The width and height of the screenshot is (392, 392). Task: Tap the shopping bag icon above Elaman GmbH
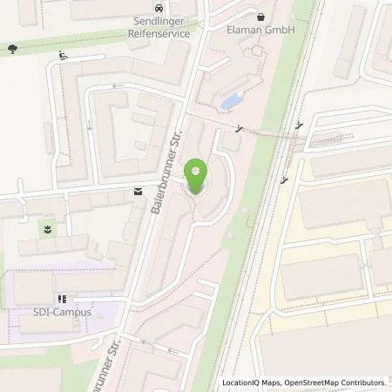[x=260, y=15]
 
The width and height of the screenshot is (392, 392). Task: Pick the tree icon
[x=11, y=50]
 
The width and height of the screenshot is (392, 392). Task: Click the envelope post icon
[x=138, y=192]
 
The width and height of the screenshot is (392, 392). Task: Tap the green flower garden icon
[x=47, y=230]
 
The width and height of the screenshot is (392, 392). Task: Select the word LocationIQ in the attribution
[x=243, y=382]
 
